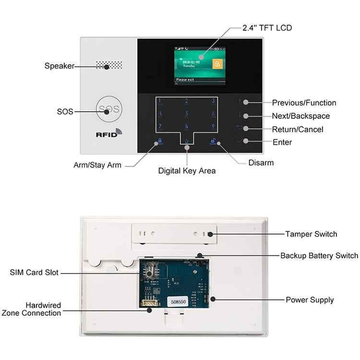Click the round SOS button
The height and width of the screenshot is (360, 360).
tap(109, 109)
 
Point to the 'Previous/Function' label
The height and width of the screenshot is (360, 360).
tap(304, 103)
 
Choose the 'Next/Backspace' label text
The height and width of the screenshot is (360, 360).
tap(300, 116)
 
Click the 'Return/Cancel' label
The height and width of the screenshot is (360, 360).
tap(298, 130)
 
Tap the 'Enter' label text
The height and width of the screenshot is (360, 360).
tap(282, 143)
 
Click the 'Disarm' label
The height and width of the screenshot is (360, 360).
tap(261, 163)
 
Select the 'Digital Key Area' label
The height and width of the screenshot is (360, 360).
tap(187, 170)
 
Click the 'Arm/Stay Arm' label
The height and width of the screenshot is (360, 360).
tap(97, 165)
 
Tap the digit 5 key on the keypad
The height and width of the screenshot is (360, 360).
tap(187, 114)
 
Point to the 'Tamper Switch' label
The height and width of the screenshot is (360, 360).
tap(311, 234)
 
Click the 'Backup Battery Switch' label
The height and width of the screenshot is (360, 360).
tap(319, 256)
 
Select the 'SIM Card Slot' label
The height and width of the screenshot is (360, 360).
tap(34, 273)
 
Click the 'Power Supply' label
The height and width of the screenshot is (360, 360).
tap(310, 300)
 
